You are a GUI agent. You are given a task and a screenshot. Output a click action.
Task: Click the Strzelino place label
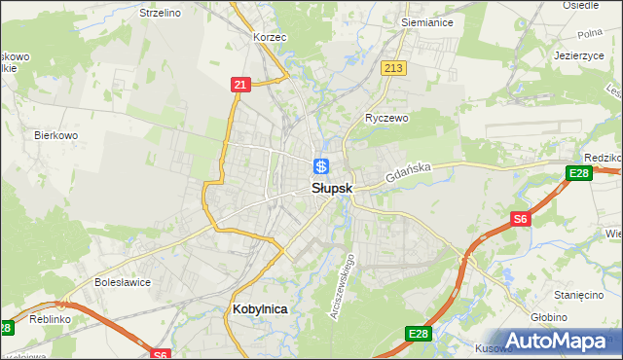[x=162, y=13]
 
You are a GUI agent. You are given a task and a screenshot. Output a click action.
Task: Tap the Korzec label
[x=268, y=36]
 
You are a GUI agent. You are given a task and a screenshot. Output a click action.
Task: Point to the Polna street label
[x=590, y=33]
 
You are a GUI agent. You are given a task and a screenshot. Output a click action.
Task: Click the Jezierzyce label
[x=580, y=55]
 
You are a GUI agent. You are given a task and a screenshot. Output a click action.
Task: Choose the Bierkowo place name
[x=55, y=135]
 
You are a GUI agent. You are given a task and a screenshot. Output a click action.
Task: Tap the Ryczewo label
[x=386, y=118]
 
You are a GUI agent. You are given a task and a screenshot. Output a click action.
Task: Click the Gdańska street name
[x=407, y=175]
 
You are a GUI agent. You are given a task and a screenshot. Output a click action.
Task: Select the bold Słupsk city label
[x=332, y=189]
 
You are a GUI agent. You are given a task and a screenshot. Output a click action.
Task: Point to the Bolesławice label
[x=120, y=282]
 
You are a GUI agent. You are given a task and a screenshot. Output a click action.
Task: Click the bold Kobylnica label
[x=260, y=308]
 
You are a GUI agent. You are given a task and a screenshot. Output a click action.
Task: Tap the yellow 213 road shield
[x=393, y=67]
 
